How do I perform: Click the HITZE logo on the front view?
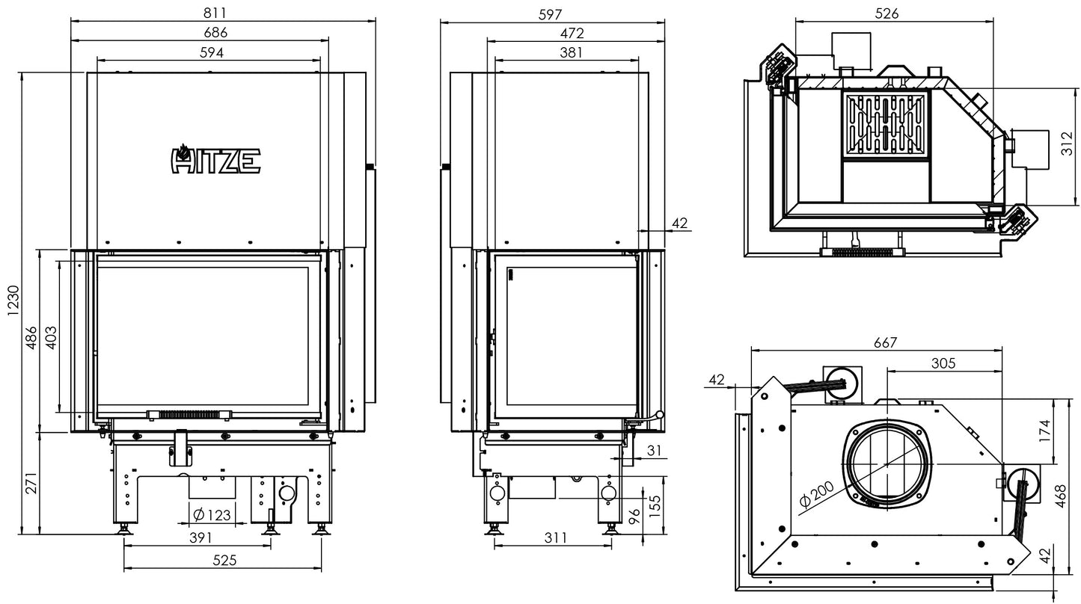tap(216, 159)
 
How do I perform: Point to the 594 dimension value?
tap(211, 52)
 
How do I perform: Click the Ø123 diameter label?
tap(211, 514)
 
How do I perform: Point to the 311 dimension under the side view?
tap(555, 537)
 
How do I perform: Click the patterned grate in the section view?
tap(886, 125)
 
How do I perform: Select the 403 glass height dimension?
tap(50, 336)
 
